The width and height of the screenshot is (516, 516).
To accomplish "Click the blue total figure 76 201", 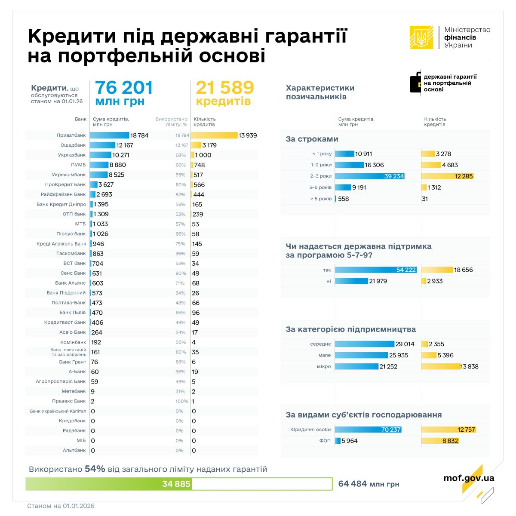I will click(x=124, y=88).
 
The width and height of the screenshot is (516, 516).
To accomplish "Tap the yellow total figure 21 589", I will click(x=225, y=88).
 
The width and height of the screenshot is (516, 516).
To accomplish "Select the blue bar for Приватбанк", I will click(x=110, y=135).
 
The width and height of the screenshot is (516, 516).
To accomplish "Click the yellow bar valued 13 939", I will click(x=214, y=135).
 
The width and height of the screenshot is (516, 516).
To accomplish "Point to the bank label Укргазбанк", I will click(x=72, y=155).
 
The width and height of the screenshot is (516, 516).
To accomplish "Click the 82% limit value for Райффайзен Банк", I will click(x=181, y=195).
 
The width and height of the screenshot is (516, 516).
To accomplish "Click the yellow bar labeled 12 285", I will click(x=447, y=176).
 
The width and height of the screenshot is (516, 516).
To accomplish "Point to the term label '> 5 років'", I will click(x=321, y=199).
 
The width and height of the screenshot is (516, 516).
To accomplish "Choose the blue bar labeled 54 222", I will click(x=376, y=270).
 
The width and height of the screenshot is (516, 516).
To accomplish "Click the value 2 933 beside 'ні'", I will click(x=435, y=281).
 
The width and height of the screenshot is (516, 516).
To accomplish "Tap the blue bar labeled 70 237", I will click(x=368, y=430).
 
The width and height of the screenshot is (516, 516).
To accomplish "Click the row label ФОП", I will click(x=325, y=441).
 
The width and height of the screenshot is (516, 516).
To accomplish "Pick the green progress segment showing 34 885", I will click(x=108, y=484).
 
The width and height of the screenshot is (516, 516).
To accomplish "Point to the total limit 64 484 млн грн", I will click(x=369, y=484).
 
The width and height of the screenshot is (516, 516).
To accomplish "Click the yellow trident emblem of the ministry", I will click(x=421, y=37).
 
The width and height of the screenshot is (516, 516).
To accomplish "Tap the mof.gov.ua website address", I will click(x=469, y=478).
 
